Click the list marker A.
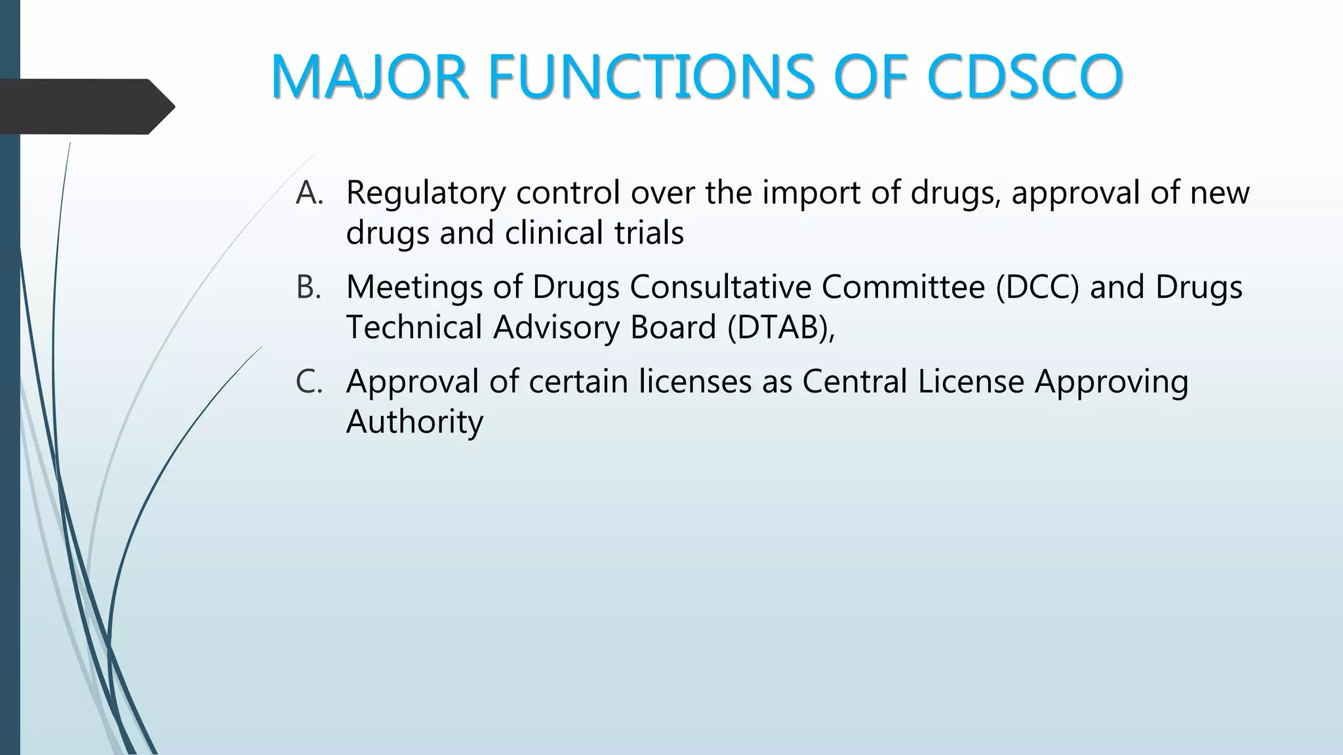pyautogui.click(x=310, y=193)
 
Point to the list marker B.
pyautogui.click(x=309, y=287)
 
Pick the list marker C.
pyautogui.click(x=309, y=381)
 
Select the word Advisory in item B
pyautogui.click(x=557, y=328)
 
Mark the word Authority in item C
pyautogui.click(x=414, y=422)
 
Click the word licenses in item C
pyautogui.click(x=695, y=381)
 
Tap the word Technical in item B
pyautogui.click(x=414, y=327)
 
